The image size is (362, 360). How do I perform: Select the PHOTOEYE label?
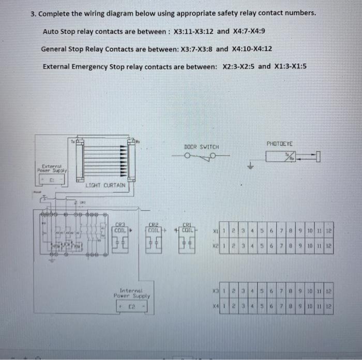tap(279, 143)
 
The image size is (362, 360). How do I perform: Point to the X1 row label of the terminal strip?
tap(217, 231)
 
